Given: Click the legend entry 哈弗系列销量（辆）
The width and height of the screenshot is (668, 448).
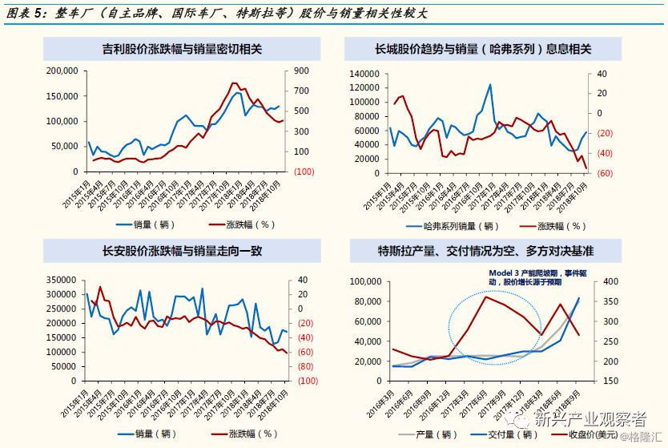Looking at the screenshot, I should [457, 226].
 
